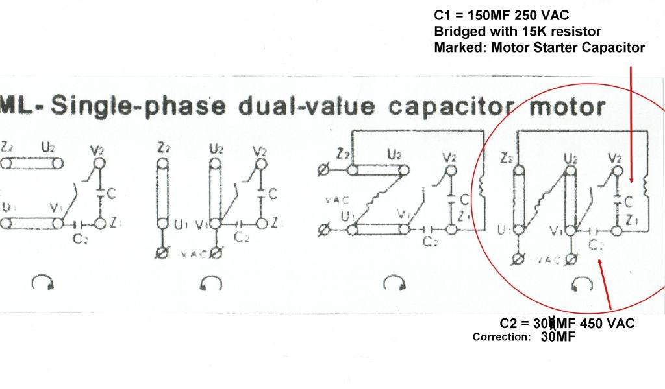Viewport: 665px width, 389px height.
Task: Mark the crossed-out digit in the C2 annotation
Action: click(552, 322)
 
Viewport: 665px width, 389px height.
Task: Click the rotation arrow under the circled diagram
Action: click(584, 283)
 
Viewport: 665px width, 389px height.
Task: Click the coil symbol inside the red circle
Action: click(645, 186)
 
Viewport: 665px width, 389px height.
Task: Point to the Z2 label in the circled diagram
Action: click(508, 158)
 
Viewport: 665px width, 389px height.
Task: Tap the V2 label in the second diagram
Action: click(260, 151)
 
